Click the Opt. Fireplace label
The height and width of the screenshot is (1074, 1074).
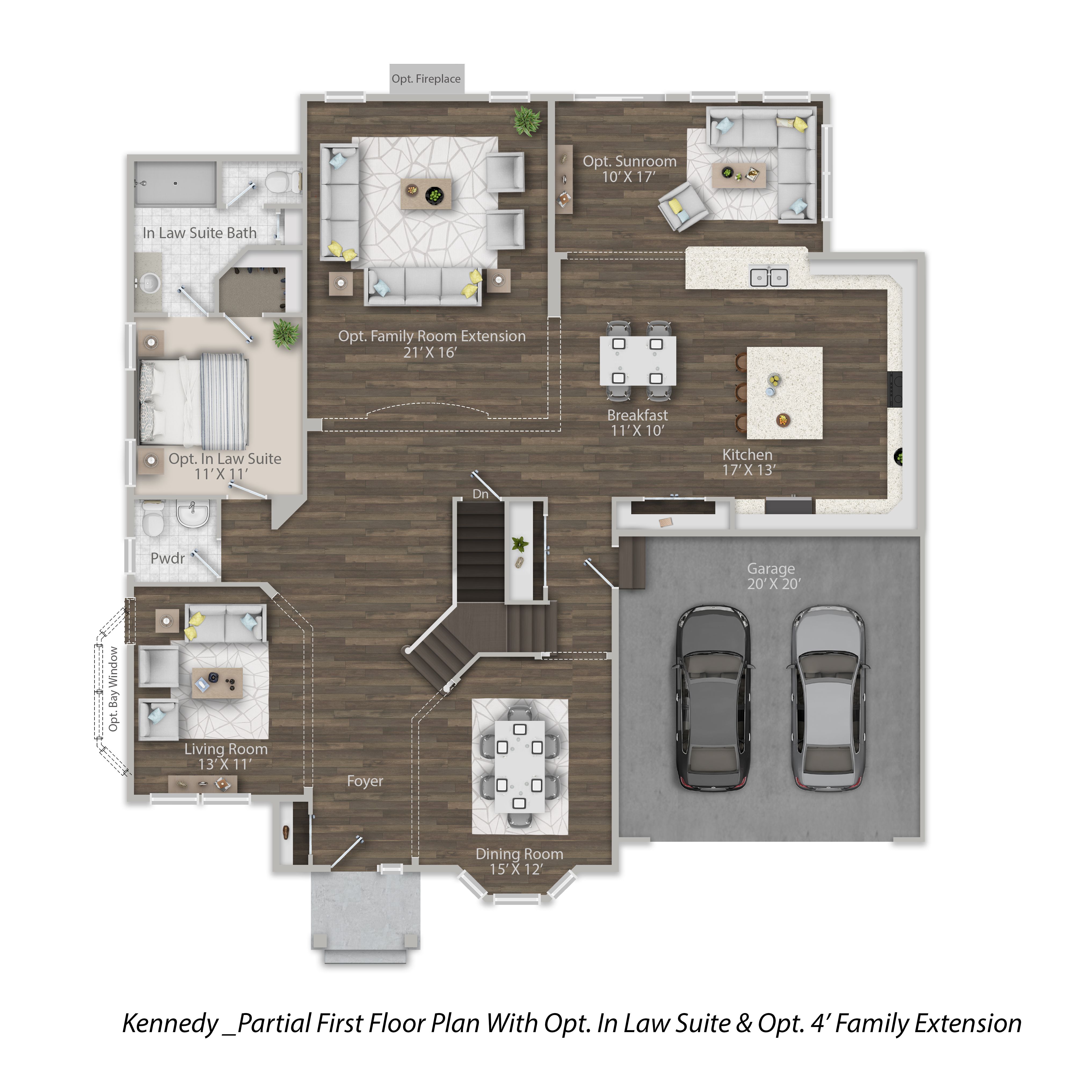tap(426, 79)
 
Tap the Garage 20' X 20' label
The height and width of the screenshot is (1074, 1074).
tap(773, 576)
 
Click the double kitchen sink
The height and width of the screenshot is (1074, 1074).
tap(769, 276)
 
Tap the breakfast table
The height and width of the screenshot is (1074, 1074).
tap(638, 360)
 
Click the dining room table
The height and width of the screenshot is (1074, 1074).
tap(519, 766)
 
